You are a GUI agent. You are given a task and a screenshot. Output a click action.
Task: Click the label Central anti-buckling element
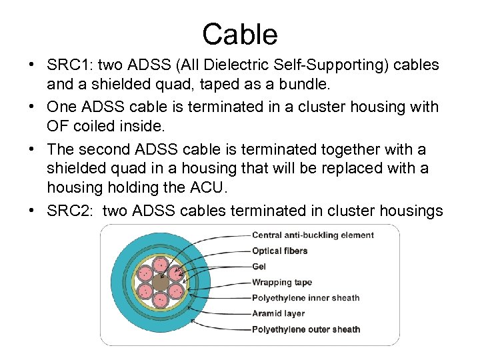313,235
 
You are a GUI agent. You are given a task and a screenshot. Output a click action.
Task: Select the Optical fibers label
279,251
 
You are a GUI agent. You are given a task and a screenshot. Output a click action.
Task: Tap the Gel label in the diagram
259,266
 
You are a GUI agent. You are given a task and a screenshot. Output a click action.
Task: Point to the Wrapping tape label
281,282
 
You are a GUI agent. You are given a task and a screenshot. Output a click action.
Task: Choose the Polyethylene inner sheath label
305,297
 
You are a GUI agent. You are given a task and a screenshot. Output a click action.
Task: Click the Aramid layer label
278,313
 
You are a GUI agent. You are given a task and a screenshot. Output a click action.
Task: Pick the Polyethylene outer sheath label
305,329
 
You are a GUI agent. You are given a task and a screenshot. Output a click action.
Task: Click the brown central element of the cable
160,283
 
